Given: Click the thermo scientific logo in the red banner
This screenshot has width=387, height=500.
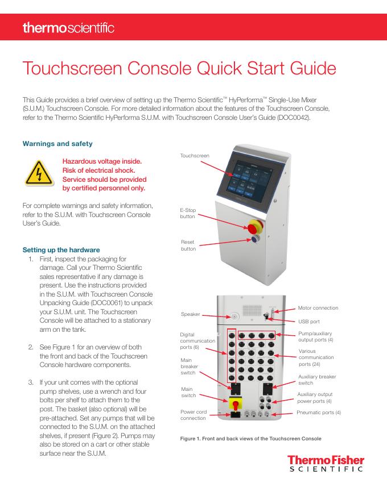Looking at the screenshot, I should point(68,27).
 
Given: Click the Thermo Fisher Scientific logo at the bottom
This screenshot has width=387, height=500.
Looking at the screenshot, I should point(325,463).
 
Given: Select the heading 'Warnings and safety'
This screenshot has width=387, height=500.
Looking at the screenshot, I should point(57,144).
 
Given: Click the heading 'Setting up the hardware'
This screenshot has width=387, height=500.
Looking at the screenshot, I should point(61,249).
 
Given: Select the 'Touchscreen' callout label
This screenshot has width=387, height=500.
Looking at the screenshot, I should point(195,155).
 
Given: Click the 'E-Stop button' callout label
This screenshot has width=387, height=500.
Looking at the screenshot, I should point(188,214).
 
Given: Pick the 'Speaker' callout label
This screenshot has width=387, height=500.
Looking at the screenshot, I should point(190,314).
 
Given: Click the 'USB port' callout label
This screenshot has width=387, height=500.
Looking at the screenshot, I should point(310,321).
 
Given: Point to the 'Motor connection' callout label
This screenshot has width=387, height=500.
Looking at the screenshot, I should point(318,308).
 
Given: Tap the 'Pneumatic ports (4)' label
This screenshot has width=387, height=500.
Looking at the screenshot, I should point(319,412).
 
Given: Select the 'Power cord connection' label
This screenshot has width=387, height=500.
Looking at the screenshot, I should point(193,415).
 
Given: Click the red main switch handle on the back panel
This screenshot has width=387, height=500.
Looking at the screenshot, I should point(234,404).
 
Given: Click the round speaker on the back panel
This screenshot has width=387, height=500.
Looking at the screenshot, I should point(233,316).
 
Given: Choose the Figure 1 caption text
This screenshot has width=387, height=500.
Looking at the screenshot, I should point(250,438).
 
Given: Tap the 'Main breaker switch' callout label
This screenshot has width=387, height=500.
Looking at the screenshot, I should point(190,366).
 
